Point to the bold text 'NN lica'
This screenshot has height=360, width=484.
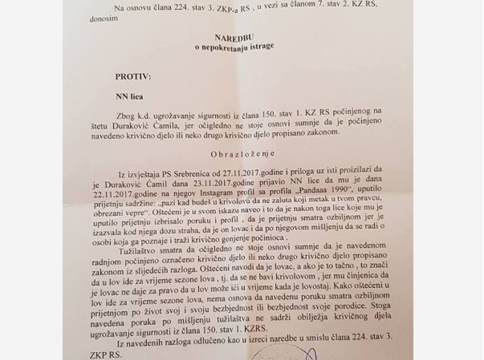[x=129, y=96]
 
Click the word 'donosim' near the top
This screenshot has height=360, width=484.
[x=102, y=18]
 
